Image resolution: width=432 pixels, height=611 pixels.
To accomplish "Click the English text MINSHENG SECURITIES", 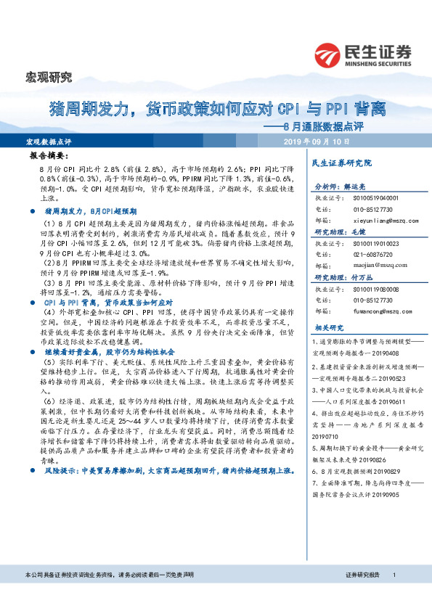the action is pos(378,63).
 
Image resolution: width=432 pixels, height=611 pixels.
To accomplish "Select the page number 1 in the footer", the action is pos(393,594).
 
